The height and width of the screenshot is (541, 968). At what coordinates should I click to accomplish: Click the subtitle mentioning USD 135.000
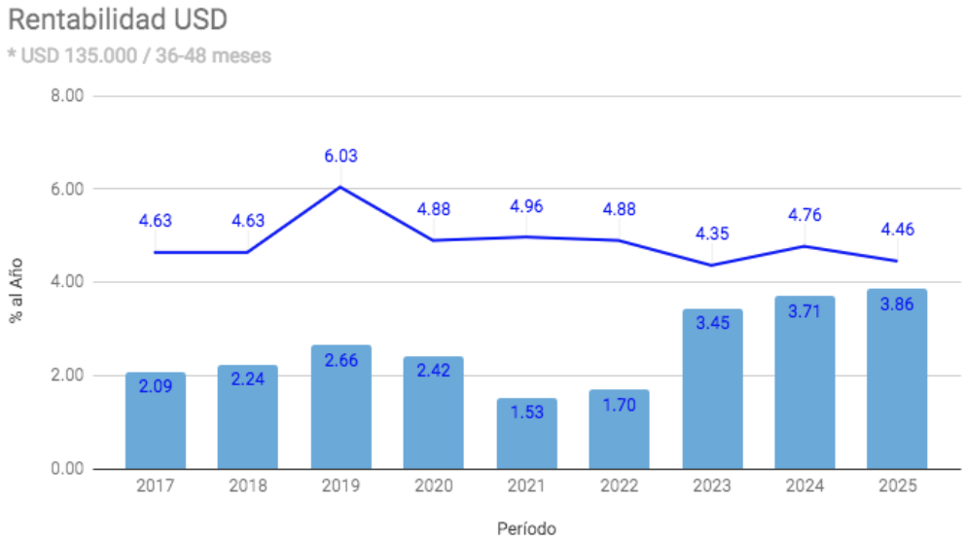pos(139,55)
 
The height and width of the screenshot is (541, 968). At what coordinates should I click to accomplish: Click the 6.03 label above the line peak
pos(341,156)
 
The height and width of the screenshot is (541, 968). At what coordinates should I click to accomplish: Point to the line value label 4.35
pos(712,234)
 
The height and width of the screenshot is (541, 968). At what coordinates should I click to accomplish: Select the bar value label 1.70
pos(619,405)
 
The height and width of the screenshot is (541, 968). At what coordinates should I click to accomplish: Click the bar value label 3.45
pos(712,322)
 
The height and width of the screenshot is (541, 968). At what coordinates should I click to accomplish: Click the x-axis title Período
pos(526,528)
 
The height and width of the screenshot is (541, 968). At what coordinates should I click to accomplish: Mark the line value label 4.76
pos(805,214)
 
